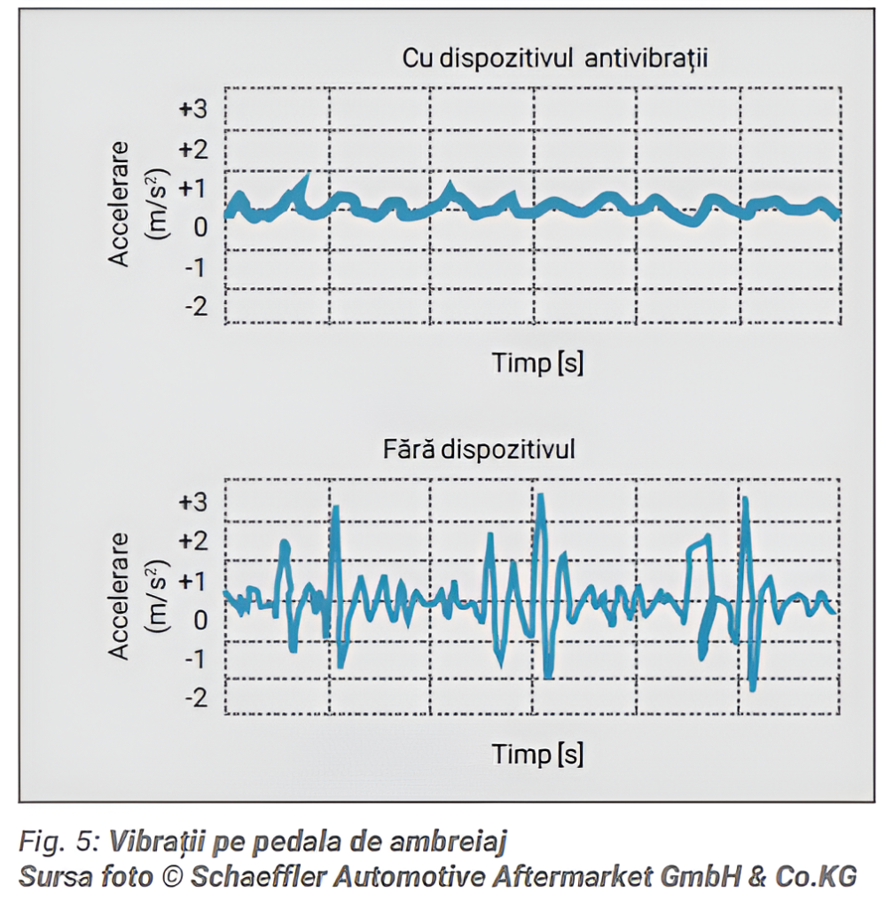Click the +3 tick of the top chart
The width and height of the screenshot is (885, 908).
[x=192, y=109]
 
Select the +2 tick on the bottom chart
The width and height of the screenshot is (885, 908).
[x=192, y=541]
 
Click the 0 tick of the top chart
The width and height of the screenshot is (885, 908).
[x=200, y=227]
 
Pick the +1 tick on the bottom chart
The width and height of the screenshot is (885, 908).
[x=192, y=581]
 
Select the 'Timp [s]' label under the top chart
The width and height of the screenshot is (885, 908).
[x=537, y=363]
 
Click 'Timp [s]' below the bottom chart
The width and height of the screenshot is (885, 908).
[x=537, y=755]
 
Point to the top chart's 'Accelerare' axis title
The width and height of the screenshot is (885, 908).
[x=120, y=203]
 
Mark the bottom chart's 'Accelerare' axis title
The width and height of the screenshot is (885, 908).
[x=120, y=596]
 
